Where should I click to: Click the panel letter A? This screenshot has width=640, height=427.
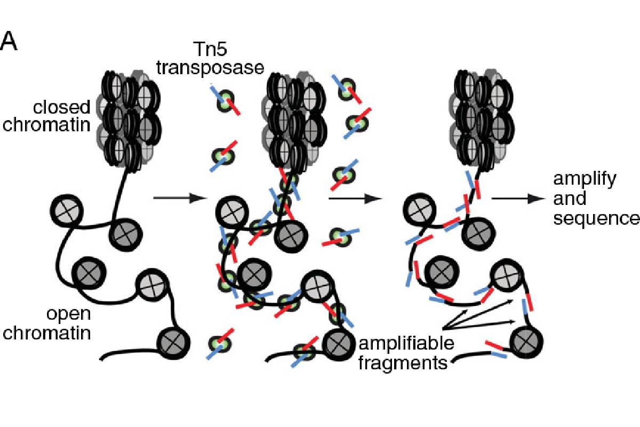tap(10, 42)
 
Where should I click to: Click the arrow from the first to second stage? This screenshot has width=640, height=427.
tap(179, 198)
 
